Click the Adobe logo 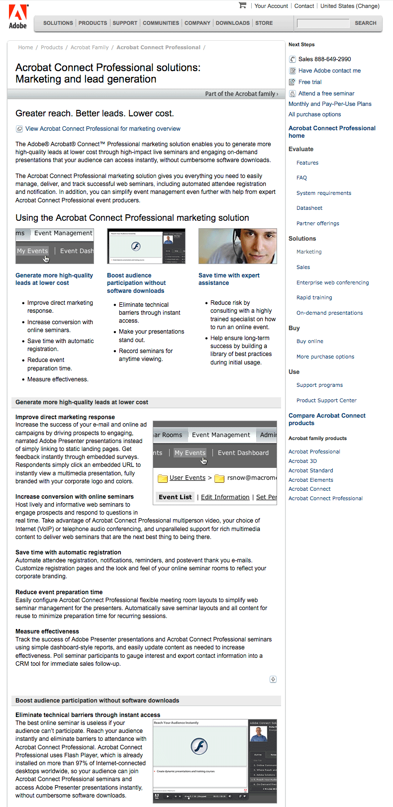coord(18,16)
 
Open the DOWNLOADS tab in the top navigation coord(232,23)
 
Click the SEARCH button coord(365,23)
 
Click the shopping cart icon coord(243,5)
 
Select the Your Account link coord(271,6)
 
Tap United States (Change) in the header coord(350,6)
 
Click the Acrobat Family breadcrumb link coord(90,47)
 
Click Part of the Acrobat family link coord(241,93)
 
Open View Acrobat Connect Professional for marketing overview coord(102,129)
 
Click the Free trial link coord(310,82)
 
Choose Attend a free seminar coord(326,93)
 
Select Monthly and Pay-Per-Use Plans coord(330,104)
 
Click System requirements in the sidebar coord(324,193)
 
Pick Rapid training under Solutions coord(314,297)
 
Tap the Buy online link coord(310,341)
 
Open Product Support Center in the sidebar coord(326,400)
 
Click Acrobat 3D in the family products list coord(302,461)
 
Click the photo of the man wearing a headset coord(238,246)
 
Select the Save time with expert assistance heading coord(229,279)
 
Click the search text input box coord(323,23)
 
